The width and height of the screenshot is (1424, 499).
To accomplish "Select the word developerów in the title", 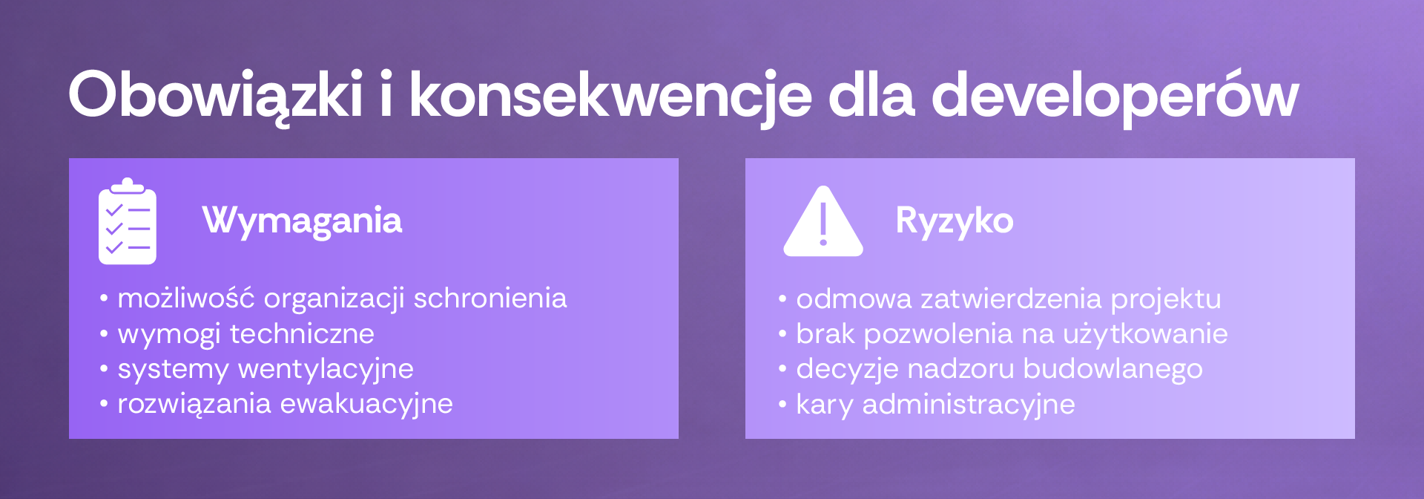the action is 1115,97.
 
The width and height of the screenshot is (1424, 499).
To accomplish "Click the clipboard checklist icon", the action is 128,221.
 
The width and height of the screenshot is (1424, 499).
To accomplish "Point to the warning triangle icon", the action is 823,222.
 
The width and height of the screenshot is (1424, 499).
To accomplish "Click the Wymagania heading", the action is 302,221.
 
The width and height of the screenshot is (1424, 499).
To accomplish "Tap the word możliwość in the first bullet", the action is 186,298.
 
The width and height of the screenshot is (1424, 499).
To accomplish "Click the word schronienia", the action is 490,298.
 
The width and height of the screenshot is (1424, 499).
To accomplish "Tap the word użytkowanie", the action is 1145,334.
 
